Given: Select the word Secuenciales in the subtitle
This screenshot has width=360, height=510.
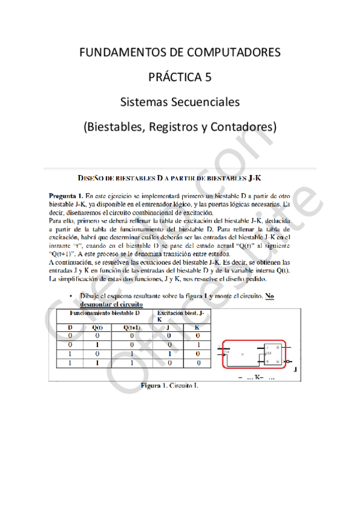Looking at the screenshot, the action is tap(207, 102).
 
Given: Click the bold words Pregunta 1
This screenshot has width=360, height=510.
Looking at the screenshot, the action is tap(67, 196).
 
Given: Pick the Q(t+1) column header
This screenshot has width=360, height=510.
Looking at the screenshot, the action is tap(131, 327).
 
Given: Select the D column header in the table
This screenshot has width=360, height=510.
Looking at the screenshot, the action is tap(70, 327).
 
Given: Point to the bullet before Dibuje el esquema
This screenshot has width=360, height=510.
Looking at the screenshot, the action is tap(72, 296).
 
